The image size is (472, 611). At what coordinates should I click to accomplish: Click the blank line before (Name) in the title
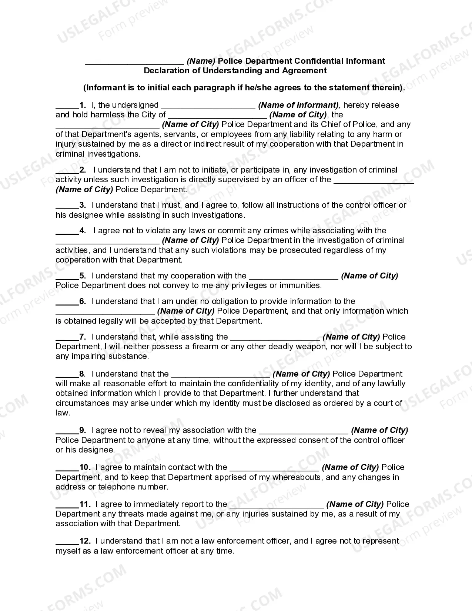134,63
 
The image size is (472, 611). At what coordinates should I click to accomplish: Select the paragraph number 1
83,105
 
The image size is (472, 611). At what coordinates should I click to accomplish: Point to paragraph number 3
83,205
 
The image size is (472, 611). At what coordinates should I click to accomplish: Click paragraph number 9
83,430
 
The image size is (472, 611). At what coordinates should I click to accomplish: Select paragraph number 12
85,541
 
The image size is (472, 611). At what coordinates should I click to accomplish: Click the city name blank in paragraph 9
303,432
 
